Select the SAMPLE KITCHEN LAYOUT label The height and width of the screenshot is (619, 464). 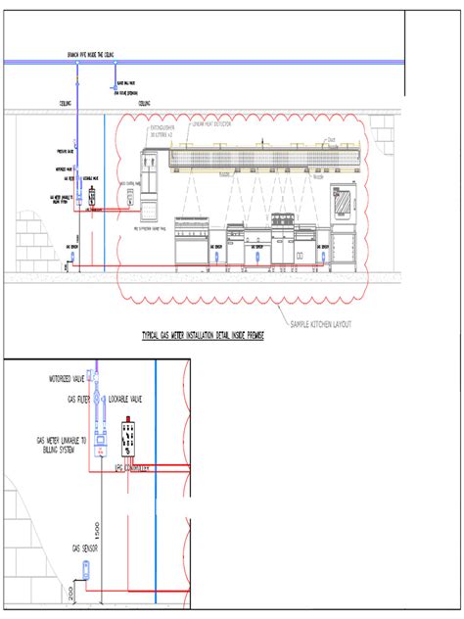(x=320, y=324)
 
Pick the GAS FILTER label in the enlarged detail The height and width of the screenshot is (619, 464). (x=79, y=400)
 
